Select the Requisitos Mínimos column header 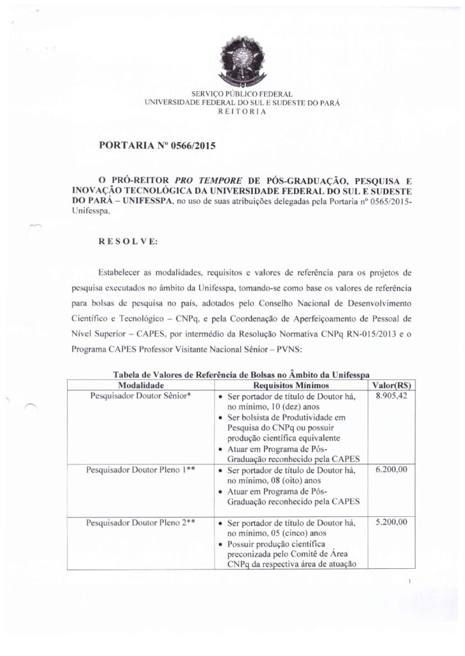point(291,386)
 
